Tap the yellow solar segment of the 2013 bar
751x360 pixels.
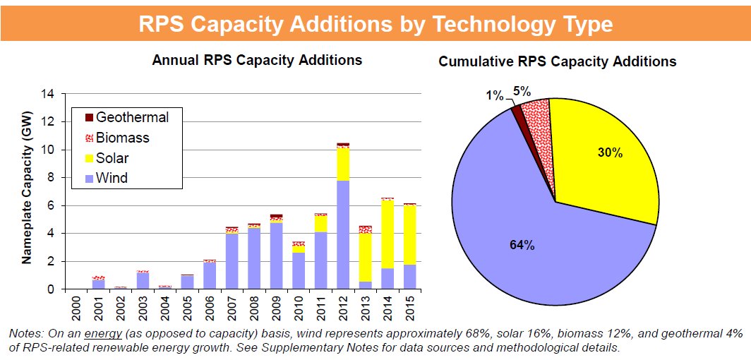pyautogui.click(x=366, y=257)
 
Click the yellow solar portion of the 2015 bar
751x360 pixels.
pyautogui.click(x=409, y=235)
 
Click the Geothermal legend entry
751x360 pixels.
pyautogui.click(x=131, y=117)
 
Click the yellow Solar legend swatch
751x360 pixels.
pyautogui.click(x=89, y=158)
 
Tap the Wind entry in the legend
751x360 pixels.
pyautogui.click(x=112, y=178)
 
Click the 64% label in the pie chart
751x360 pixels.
pyautogui.click(x=522, y=245)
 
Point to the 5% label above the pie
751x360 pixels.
pyautogui.click(x=522, y=90)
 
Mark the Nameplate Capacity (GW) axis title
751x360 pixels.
pyautogui.click(x=27, y=192)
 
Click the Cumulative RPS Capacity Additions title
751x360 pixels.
pyautogui.click(x=557, y=61)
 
